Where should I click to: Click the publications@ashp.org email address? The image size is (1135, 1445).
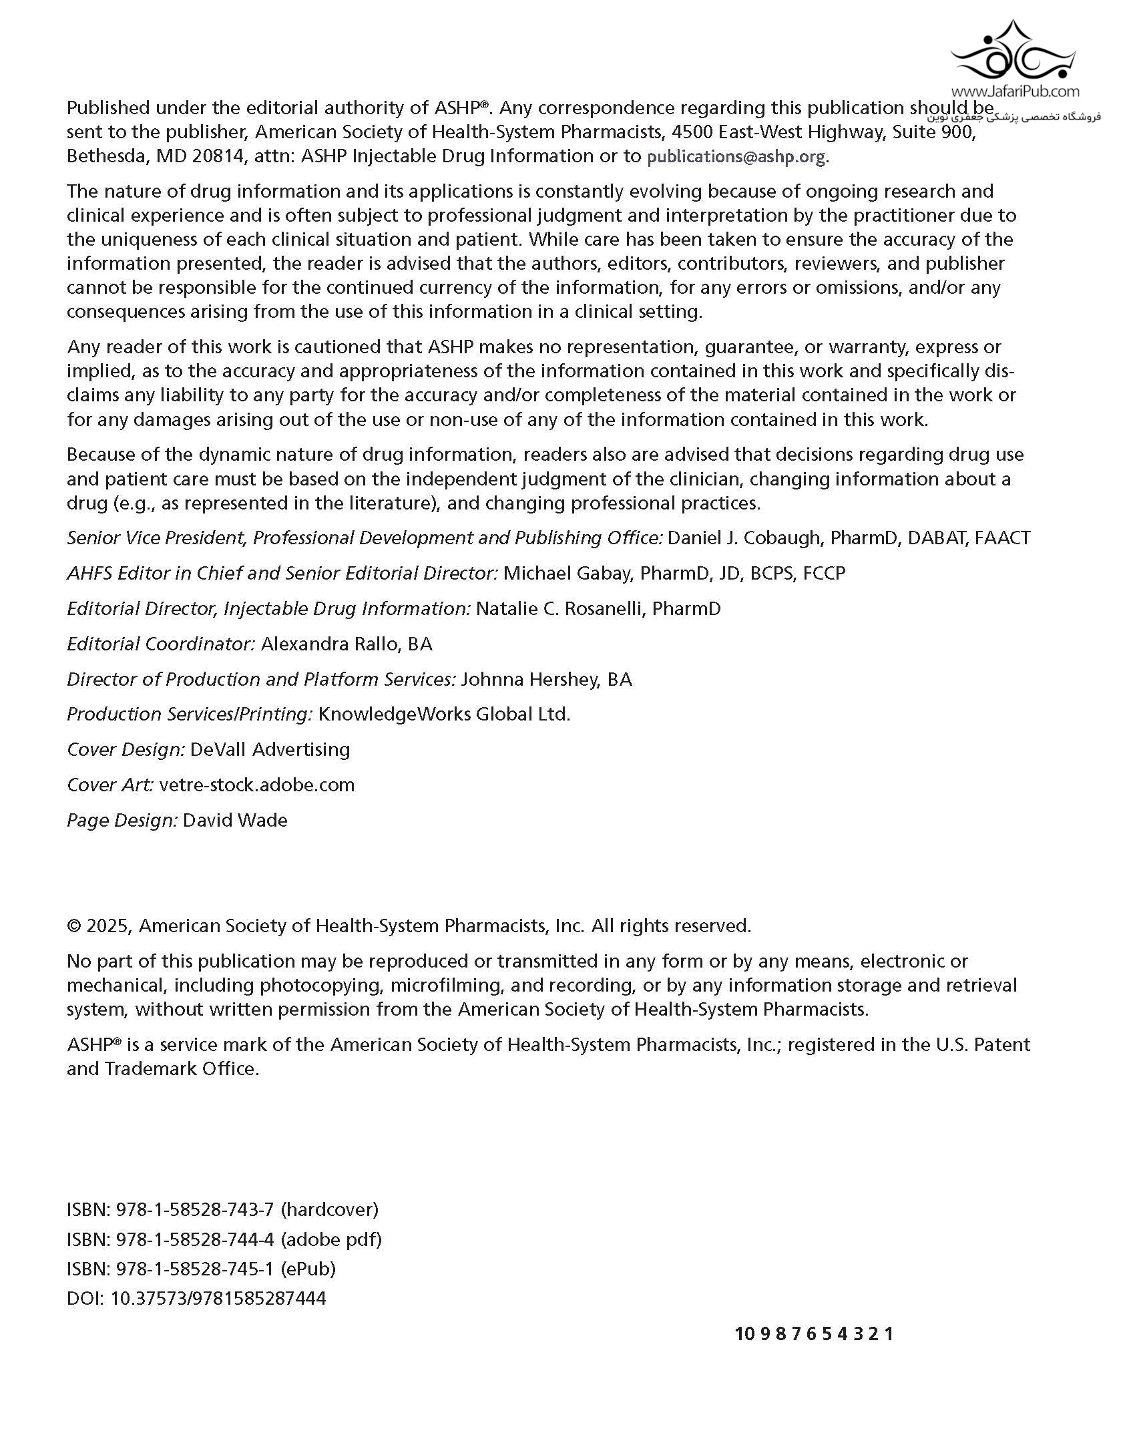coord(736,157)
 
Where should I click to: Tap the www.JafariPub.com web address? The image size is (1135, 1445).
coord(1015,91)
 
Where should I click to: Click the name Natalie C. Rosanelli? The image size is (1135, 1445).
coord(559,609)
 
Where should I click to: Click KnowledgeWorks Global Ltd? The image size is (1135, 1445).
coord(444,714)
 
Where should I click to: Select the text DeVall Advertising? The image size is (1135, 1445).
coord(270,750)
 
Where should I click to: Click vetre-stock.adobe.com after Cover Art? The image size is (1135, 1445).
coord(257,785)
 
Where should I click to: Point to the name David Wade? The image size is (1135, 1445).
coord(235,821)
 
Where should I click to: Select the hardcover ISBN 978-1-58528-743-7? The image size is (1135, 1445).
coord(195,1210)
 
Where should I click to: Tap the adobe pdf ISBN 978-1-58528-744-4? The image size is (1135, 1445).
coord(195,1239)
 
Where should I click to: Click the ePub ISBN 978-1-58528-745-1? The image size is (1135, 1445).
coord(195,1269)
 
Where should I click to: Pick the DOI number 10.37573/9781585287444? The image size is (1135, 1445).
coord(218,1299)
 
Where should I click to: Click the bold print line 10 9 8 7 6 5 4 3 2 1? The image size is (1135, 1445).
coord(814,1334)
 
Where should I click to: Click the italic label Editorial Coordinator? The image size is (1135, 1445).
coord(161,644)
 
